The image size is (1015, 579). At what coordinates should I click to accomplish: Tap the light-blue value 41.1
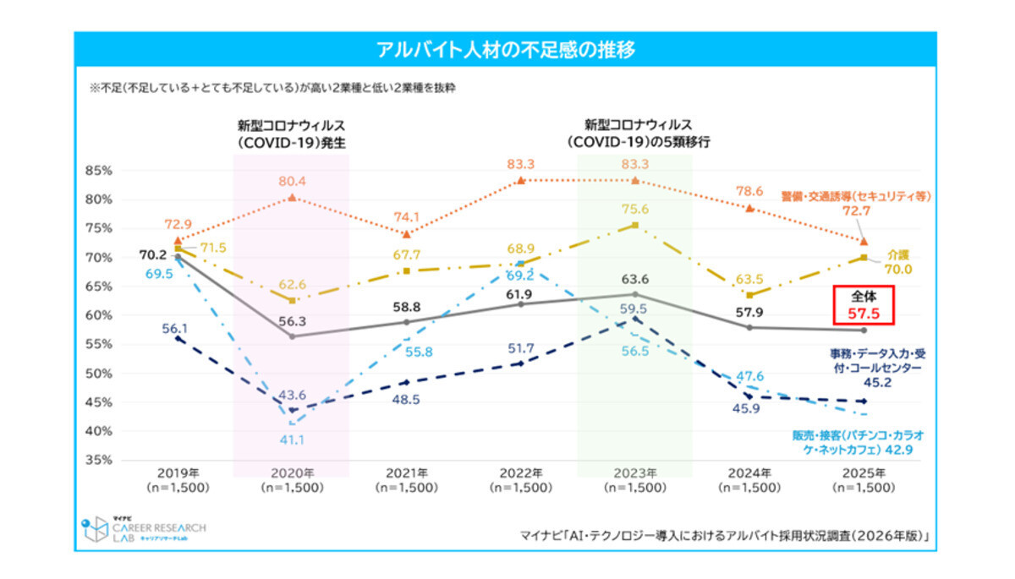[x=292, y=439]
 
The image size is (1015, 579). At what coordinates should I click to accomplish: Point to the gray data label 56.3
[x=292, y=320]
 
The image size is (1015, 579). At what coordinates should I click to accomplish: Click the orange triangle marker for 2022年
[x=520, y=180]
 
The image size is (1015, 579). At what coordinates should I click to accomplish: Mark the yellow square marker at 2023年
[x=634, y=225]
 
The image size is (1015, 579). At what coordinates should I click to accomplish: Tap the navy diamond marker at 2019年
[x=177, y=338]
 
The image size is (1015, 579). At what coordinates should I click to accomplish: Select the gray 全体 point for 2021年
[x=406, y=322]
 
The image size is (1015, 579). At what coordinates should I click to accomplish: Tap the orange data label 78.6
[x=749, y=192]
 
